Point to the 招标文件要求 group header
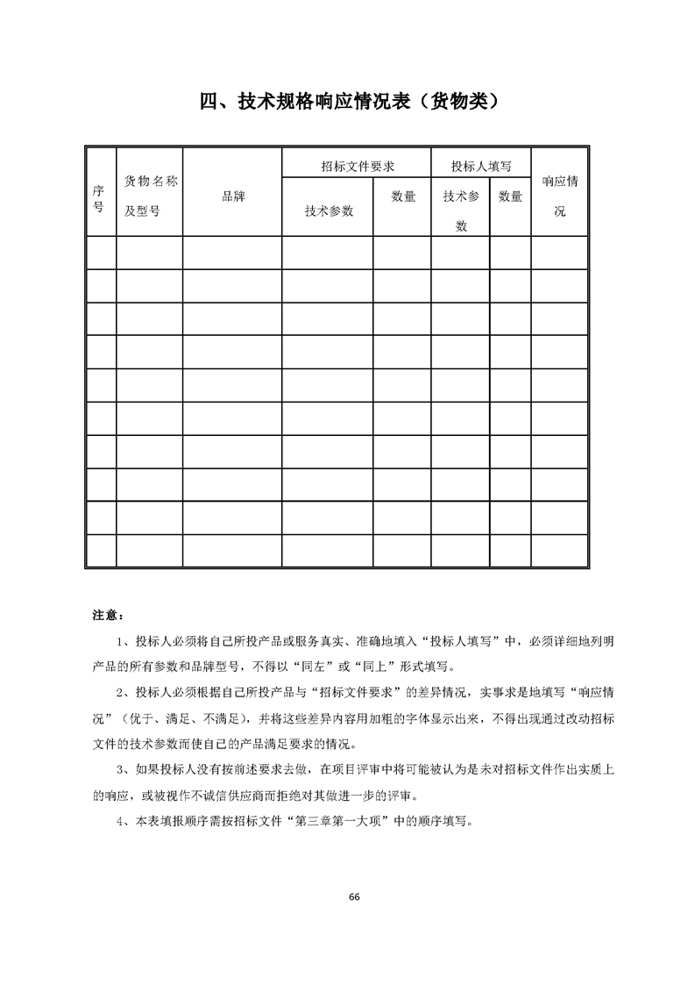click(x=357, y=165)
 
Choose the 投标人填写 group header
click(x=480, y=165)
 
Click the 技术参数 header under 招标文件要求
click(x=329, y=211)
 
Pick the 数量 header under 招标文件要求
click(x=403, y=196)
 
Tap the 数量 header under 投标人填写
click(x=510, y=196)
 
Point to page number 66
click(x=353, y=896)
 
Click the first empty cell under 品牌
click(x=232, y=253)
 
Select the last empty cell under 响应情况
click(x=559, y=551)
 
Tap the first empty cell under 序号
click(x=101, y=253)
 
